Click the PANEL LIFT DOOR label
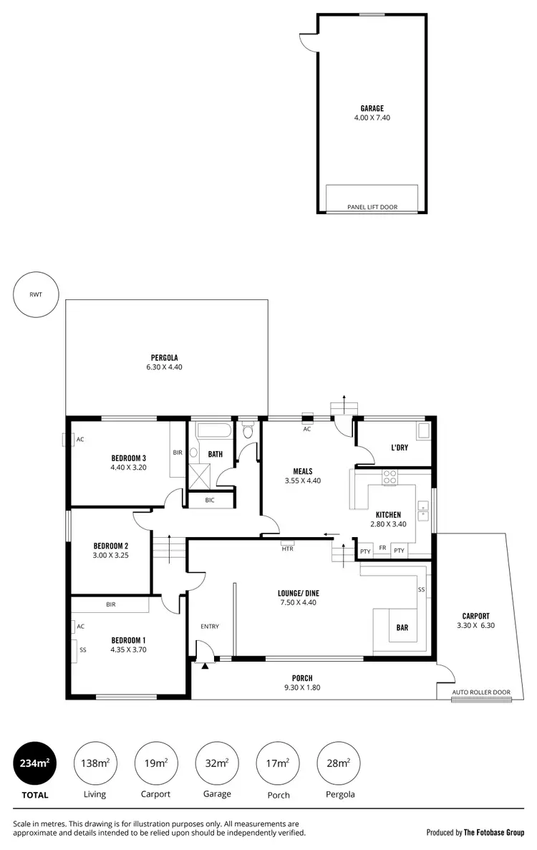click(372, 208)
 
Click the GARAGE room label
click(372, 109)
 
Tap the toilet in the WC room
click(248, 432)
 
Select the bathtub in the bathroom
click(213, 432)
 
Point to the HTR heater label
click(287, 549)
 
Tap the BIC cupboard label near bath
click(210, 500)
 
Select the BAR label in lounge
click(402, 628)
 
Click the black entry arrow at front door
click(205, 667)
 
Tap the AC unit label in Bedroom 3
click(80, 440)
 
